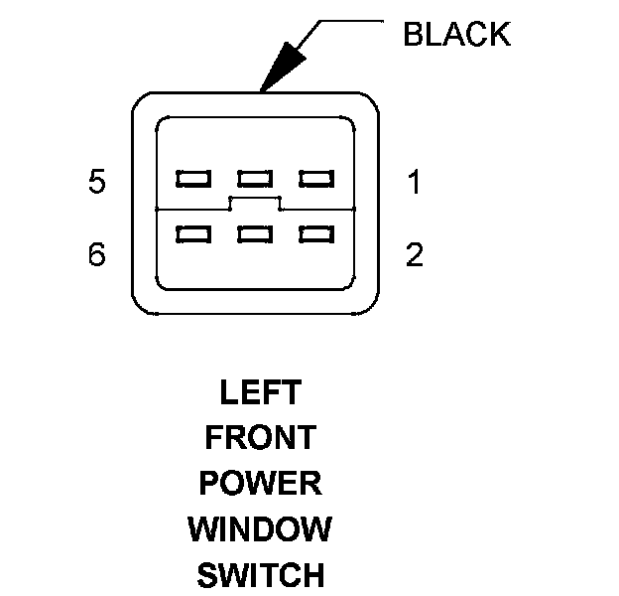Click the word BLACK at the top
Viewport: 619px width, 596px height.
tap(456, 35)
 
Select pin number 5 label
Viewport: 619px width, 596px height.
tap(96, 183)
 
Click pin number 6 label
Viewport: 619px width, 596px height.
tap(96, 255)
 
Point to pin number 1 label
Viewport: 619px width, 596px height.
tap(415, 183)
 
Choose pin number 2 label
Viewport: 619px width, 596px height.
tap(415, 255)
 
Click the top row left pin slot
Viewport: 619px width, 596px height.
tap(192, 179)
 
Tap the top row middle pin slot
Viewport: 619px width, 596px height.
tap(255, 179)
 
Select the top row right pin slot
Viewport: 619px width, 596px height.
tap(316, 179)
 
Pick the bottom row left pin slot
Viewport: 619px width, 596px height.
tap(192, 235)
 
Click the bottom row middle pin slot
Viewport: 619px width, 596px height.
tap(255, 235)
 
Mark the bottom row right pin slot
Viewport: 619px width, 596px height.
tap(316, 235)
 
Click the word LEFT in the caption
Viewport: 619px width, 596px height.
tap(260, 392)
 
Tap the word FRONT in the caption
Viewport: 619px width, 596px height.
tap(260, 437)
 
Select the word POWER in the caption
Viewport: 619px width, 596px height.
tap(260, 483)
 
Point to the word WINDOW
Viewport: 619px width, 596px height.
tap(260, 528)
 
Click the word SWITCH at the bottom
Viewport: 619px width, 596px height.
tap(260, 574)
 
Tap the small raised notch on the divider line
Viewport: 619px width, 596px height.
tap(255, 203)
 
